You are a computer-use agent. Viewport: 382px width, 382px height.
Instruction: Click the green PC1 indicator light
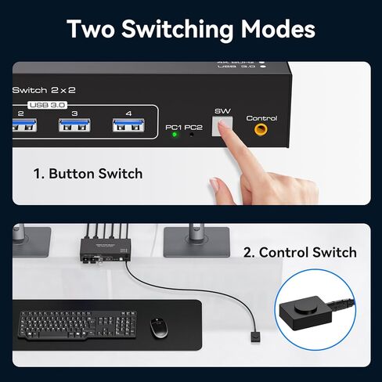tap(175, 134)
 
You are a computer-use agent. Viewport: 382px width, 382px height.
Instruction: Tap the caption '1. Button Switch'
tap(88, 173)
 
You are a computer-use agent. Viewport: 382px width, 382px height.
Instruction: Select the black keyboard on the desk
tap(68, 323)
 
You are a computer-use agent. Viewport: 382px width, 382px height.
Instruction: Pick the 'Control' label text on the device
tap(261, 118)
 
